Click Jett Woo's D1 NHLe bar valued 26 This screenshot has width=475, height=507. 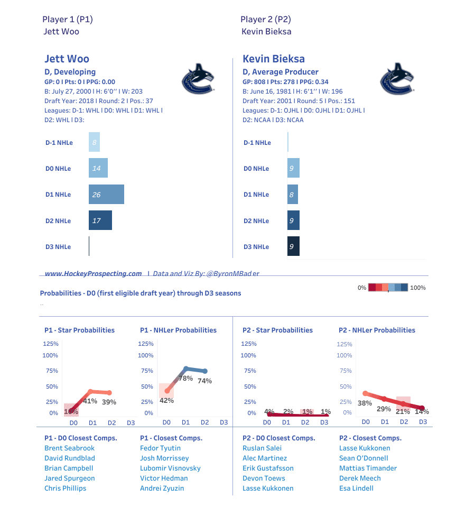click(x=106, y=195)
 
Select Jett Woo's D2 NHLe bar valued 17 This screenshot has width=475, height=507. click(x=100, y=220)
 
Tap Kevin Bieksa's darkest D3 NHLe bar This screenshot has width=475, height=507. click(x=293, y=246)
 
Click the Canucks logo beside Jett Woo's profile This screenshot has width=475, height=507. click(x=198, y=79)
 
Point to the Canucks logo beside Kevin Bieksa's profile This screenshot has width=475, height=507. click(x=396, y=79)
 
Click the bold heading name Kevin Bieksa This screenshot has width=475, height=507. click(x=273, y=59)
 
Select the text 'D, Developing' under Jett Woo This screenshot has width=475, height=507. click(x=70, y=72)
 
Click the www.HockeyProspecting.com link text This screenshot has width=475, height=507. click(x=93, y=273)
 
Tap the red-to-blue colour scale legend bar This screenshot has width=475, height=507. click(x=388, y=288)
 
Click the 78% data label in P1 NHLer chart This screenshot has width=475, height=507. click(x=185, y=379)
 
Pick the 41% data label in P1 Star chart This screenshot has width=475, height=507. click(x=90, y=401)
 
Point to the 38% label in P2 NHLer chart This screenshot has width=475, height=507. click(x=365, y=403)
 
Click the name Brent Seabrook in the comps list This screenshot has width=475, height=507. click(x=69, y=448)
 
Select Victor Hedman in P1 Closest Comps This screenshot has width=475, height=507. click(x=164, y=478)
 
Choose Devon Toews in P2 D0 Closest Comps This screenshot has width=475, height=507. click(x=264, y=478)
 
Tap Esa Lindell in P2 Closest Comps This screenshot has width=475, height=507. click(x=356, y=488)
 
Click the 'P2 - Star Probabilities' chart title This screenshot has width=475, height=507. click(x=277, y=330)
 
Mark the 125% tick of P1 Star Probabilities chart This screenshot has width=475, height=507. click(x=51, y=344)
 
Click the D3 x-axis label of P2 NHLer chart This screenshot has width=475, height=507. click(x=423, y=422)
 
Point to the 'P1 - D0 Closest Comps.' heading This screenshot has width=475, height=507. click(x=80, y=438)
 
